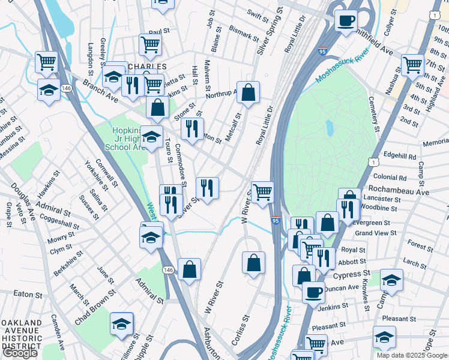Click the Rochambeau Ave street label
[x=401, y=192]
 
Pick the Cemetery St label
[x=374, y=113]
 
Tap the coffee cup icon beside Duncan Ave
[x=313, y=292]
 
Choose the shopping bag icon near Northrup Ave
[x=249, y=92]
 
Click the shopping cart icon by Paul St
[x=150, y=43]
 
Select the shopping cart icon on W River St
[x=262, y=192]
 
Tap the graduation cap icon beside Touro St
[x=152, y=135]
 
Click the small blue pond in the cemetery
[x=330, y=128]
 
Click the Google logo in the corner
[x=20, y=353]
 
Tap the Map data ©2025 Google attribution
[x=412, y=355]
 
